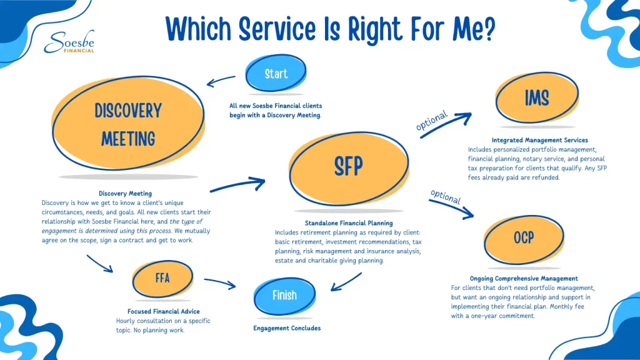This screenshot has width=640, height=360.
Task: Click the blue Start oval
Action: tap(276, 74)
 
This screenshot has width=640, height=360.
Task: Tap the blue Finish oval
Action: tap(284, 296)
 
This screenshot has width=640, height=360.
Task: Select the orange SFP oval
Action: tap(349, 168)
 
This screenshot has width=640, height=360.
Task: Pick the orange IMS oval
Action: tap(537, 97)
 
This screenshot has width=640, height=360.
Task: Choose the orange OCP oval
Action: tap(524, 239)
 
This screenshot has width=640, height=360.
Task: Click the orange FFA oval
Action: tap(162, 279)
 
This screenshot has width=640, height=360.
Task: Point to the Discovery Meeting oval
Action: tap(128, 123)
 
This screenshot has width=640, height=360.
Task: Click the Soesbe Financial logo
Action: tap(69, 42)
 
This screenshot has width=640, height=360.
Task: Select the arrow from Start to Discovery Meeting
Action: tap(221, 81)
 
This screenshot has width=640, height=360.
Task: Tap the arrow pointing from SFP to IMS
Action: tap(446, 124)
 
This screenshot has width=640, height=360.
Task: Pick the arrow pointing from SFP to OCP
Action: tap(452, 208)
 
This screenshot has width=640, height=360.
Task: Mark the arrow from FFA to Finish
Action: tap(220, 283)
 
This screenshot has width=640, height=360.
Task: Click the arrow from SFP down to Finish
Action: tap(346, 282)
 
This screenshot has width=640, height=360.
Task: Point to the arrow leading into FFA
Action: tap(99, 264)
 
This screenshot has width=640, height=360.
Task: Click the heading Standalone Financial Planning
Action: tap(349, 223)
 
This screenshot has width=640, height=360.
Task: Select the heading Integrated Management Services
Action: tap(539, 140)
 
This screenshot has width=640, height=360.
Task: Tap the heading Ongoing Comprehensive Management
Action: tap(524, 278)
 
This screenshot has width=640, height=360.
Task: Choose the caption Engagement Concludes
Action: tap(287, 328)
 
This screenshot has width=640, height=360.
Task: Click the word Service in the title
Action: tap(277, 29)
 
